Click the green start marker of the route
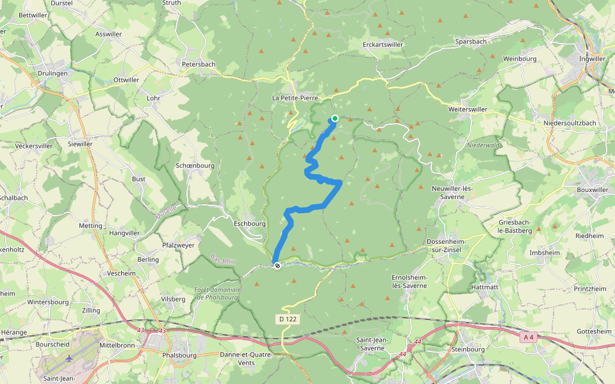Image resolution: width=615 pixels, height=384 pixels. tap(334, 118)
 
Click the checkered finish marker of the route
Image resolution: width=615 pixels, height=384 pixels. tap(277, 266)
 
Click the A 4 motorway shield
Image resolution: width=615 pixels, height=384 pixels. tap(527, 337)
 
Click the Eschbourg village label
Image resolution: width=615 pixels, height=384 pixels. tap(249, 224)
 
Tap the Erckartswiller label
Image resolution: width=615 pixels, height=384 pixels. tap(382, 45)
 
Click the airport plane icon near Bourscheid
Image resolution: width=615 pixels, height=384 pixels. tap(69, 358)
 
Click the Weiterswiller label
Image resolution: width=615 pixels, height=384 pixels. tap(467, 109)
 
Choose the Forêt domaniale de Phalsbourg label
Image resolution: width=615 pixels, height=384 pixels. tap(217, 293)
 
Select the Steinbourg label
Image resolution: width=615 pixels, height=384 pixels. tap(469, 349)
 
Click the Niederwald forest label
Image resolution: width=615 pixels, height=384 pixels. tap(483, 145)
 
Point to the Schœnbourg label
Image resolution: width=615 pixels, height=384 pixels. tap(195, 165)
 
